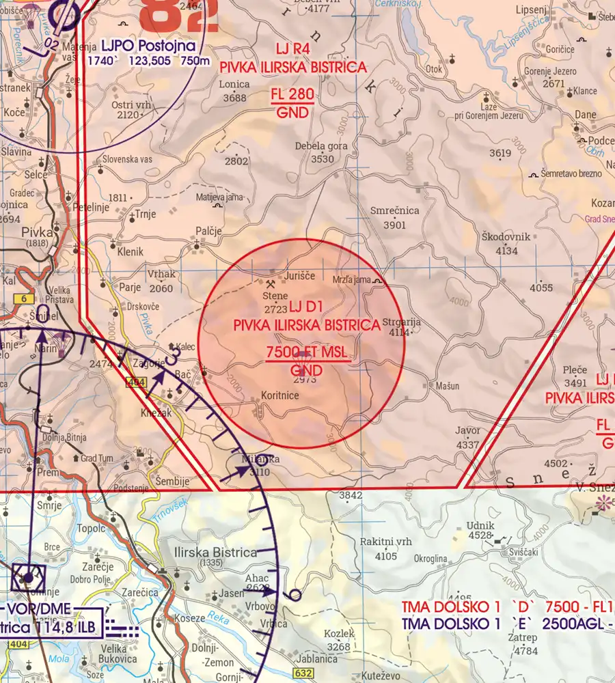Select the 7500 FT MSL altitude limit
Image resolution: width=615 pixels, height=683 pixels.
305,352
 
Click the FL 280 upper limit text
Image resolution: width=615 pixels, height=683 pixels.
294,95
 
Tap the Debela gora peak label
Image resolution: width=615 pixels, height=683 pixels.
321,146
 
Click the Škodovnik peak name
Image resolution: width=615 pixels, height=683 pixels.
506,237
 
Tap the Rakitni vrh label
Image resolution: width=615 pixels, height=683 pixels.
386,542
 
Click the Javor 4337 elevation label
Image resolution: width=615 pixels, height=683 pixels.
468,437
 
